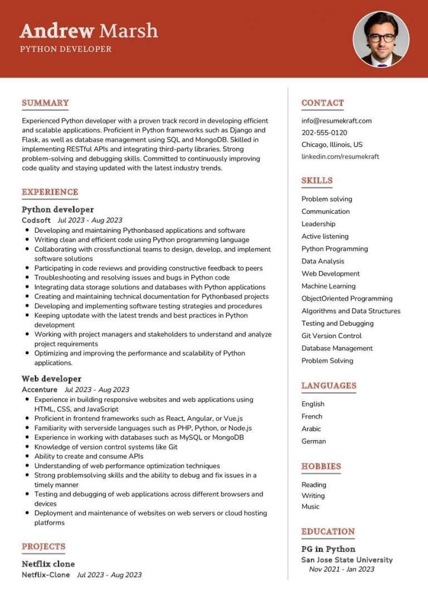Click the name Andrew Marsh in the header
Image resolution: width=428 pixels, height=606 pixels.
(89, 30)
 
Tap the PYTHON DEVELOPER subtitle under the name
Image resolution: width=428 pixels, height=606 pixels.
(66, 49)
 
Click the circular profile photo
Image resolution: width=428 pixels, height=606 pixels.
(381, 39)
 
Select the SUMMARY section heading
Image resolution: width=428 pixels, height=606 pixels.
(45, 103)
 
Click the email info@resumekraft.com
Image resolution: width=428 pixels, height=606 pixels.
(336, 121)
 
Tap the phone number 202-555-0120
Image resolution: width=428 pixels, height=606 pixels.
(324, 133)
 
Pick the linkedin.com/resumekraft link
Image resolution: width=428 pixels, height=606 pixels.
(340, 157)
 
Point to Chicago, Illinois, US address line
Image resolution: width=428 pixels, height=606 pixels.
(332, 145)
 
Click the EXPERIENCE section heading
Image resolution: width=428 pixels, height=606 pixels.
(50, 192)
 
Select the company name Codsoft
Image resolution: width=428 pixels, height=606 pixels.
(36, 220)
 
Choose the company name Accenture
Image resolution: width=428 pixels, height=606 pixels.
(39, 389)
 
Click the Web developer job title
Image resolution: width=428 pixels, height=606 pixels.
(51, 379)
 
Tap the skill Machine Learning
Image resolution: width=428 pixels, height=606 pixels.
(328, 286)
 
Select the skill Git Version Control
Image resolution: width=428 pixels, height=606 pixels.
(331, 336)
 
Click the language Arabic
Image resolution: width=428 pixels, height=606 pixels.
(311, 429)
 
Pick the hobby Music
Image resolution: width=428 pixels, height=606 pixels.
(310, 507)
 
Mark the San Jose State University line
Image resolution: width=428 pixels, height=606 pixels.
(347, 560)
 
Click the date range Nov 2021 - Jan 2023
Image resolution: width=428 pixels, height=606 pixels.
(342, 570)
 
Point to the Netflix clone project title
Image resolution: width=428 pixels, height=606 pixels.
(48, 564)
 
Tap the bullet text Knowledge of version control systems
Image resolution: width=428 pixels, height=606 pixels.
(106, 447)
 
